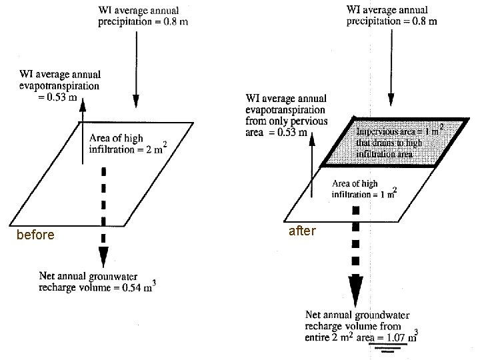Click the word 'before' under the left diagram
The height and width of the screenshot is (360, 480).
(35, 235)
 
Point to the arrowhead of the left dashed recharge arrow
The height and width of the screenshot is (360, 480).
(103, 256)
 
